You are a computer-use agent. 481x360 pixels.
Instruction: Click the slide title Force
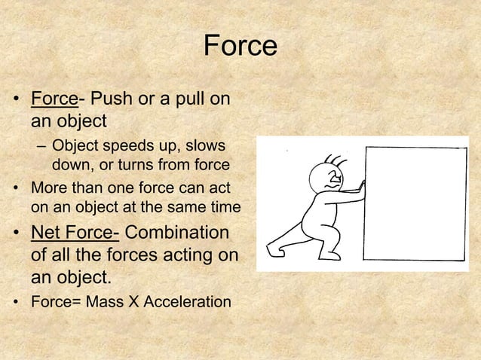coord(240,46)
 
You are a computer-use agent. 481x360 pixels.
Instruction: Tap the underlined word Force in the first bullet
coord(54,99)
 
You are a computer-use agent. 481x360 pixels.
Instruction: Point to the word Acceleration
coord(187,302)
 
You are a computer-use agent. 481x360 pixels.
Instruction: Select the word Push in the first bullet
coord(111,99)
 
